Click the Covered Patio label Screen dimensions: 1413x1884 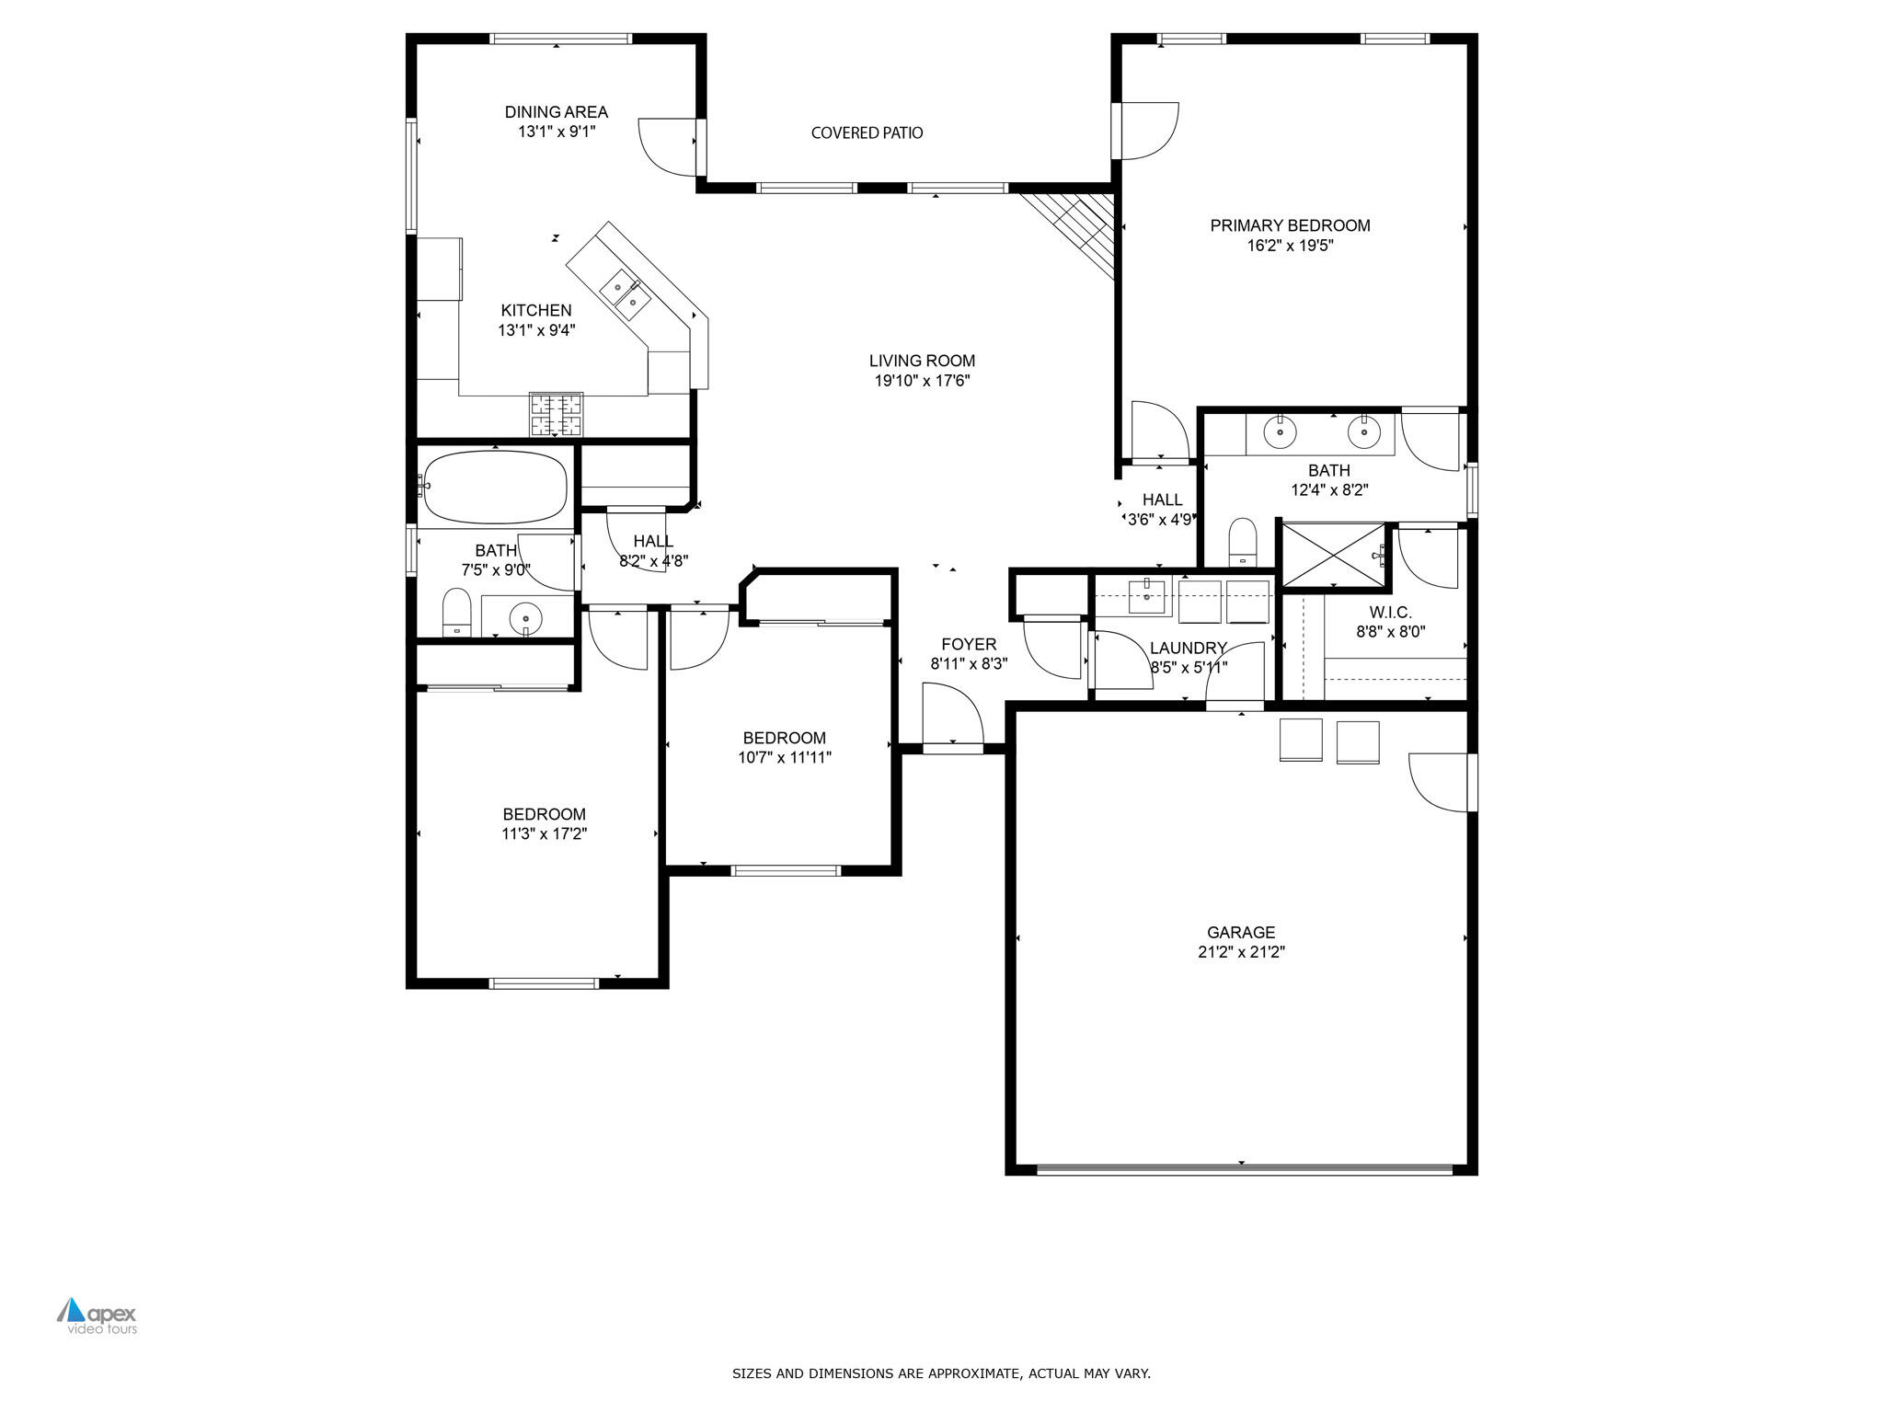pyautogui.click(x=867, y=133)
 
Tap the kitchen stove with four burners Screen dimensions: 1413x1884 pyautogui.click(x=557, y=413)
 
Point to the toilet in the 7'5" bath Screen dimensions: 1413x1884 pyautogui.click(x=456, y=612)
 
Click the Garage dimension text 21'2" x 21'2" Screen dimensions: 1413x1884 pyautogui.click(x=1241, y=953)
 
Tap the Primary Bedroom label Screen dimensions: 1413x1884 pyautogui.click(x=1290, y=225)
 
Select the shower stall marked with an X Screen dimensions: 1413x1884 pyautogui.click(x=1333, y=554)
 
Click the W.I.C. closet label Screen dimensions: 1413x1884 pyautogui.click(x=1390, y=613)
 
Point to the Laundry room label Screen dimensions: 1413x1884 pyautogui.click(x=1188, y=648)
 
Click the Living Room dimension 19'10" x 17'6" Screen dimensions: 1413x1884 pyautogui.click(x=922, y=381)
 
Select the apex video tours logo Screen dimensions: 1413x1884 pyautogui.click(x=98, y=1316)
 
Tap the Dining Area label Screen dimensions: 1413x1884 pyautogui.click(x=556, y=112)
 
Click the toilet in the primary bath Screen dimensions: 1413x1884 pyautogui.click(x=1243, y=541)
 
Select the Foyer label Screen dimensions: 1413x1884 pyautogui.click(x=968, y=645)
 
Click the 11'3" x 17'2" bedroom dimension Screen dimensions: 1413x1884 pyautogui.click(x=544, y=834)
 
